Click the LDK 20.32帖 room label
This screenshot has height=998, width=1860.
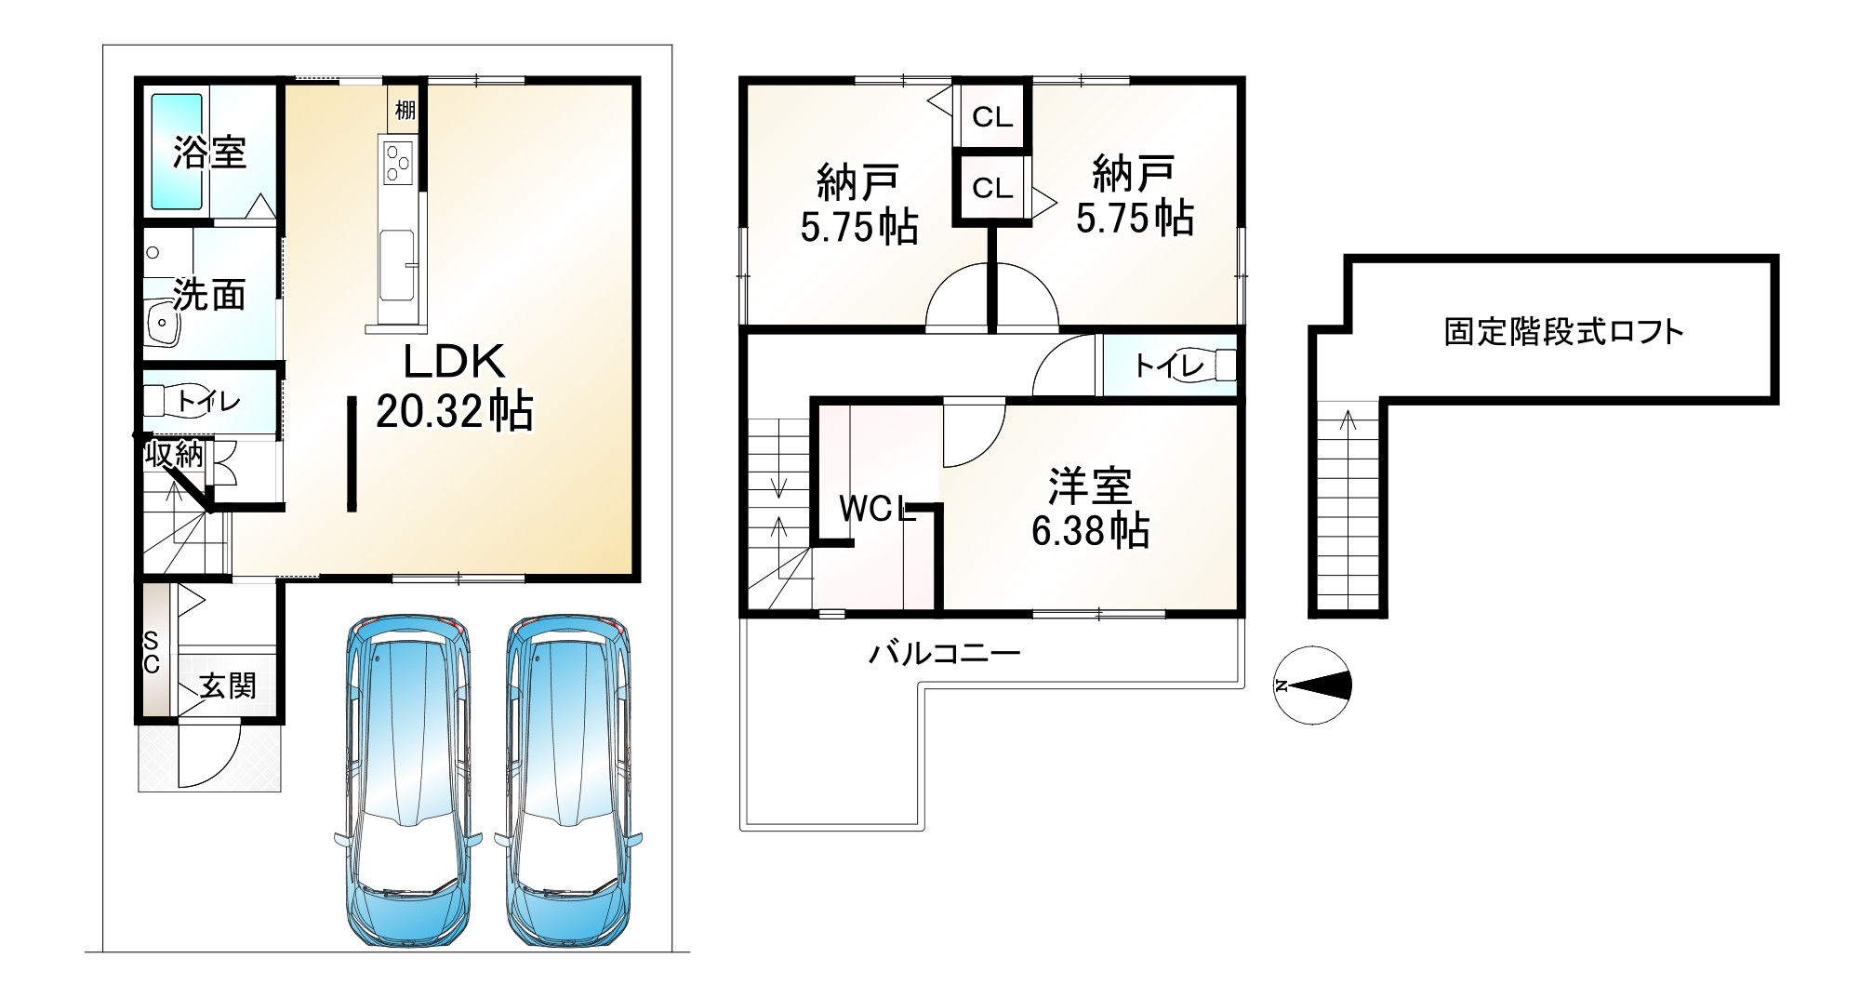[x=455, y=386]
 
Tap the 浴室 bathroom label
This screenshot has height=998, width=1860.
[x=210, y=152]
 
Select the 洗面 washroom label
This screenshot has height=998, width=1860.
[x=210, y=295]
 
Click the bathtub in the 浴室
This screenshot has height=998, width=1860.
[x=177, y=152]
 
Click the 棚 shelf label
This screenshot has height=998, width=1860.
[x=405, y=110]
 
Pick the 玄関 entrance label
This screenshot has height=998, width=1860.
[x=228, y=686]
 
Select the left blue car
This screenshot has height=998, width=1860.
[x=409, y=781]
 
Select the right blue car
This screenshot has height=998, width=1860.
[x=569, y=781]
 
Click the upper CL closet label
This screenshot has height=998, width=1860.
[x=992, y=117]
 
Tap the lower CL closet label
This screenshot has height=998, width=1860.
[x=992, y=189]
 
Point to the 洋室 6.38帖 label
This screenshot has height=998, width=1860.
[x=1090, y=509]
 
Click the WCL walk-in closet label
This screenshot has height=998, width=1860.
[x=876, y=509]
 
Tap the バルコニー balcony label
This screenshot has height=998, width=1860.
[x=944, y=653]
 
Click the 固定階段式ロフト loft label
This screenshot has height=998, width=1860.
[x=1563, y=332]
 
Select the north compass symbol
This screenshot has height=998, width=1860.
[x=1312, y=685]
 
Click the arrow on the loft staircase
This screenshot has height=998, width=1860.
[x=1348, y=423]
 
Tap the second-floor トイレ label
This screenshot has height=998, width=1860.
[x=1169, y=366]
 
